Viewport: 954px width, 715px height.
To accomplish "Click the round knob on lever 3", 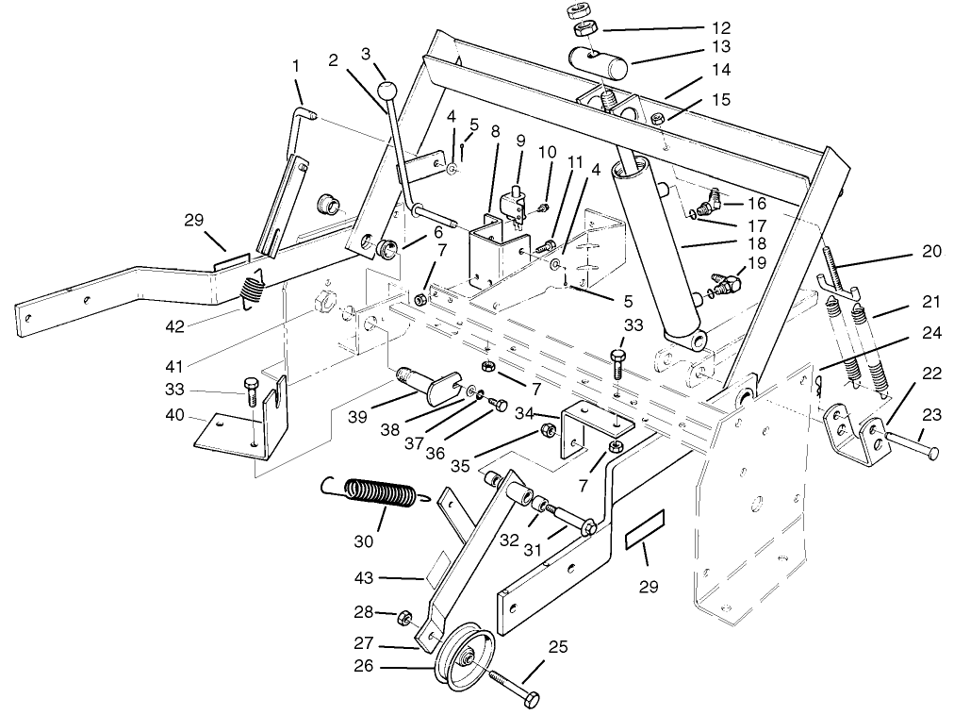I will click(x=387, y=91).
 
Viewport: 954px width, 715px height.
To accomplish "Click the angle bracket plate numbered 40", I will click(x=236, y=429).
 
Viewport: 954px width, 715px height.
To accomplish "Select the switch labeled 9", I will click(x=516, y=203).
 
